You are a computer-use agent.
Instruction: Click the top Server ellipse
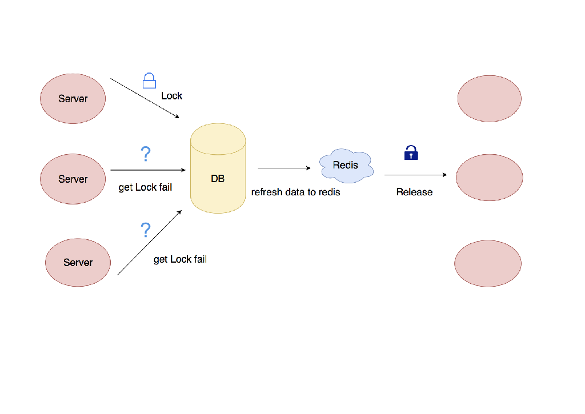coord(73,99)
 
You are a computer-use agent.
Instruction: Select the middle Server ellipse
coord(73,179)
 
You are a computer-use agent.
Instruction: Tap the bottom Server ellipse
coord(78,262)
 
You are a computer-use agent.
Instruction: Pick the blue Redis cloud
coord(346,166)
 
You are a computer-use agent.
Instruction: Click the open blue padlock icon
coord(149,81)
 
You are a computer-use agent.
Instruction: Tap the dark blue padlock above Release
coord(411,152)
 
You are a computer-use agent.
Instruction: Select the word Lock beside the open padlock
coord(171,96)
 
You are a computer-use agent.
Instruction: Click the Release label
coord(414,192)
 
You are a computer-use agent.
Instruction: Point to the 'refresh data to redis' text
coord(295,192)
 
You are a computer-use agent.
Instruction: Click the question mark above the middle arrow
coord(146,154)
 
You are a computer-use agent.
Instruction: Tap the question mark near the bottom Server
coord(146,230)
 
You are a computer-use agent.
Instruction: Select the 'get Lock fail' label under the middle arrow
coord(145,187)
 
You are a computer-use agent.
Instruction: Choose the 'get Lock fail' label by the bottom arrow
coord(180,260)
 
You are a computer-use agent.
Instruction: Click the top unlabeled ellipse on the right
coord(490,98)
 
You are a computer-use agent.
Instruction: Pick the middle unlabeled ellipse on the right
coord(490,177)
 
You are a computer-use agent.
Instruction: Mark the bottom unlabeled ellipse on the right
coord(488,263)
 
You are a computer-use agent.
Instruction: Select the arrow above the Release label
coord(415,175)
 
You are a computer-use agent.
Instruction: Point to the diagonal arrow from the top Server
coord(145,98)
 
